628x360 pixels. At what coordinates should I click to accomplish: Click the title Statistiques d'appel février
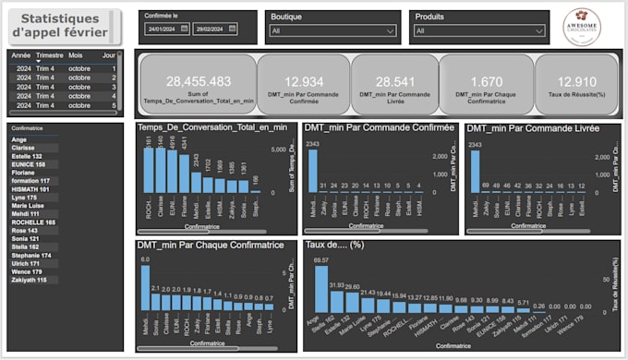(63, 26)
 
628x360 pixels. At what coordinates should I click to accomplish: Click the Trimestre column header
(49, 55)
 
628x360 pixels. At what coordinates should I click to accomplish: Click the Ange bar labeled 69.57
(320, 290)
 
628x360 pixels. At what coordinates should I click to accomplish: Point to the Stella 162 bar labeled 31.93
(337, 301)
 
